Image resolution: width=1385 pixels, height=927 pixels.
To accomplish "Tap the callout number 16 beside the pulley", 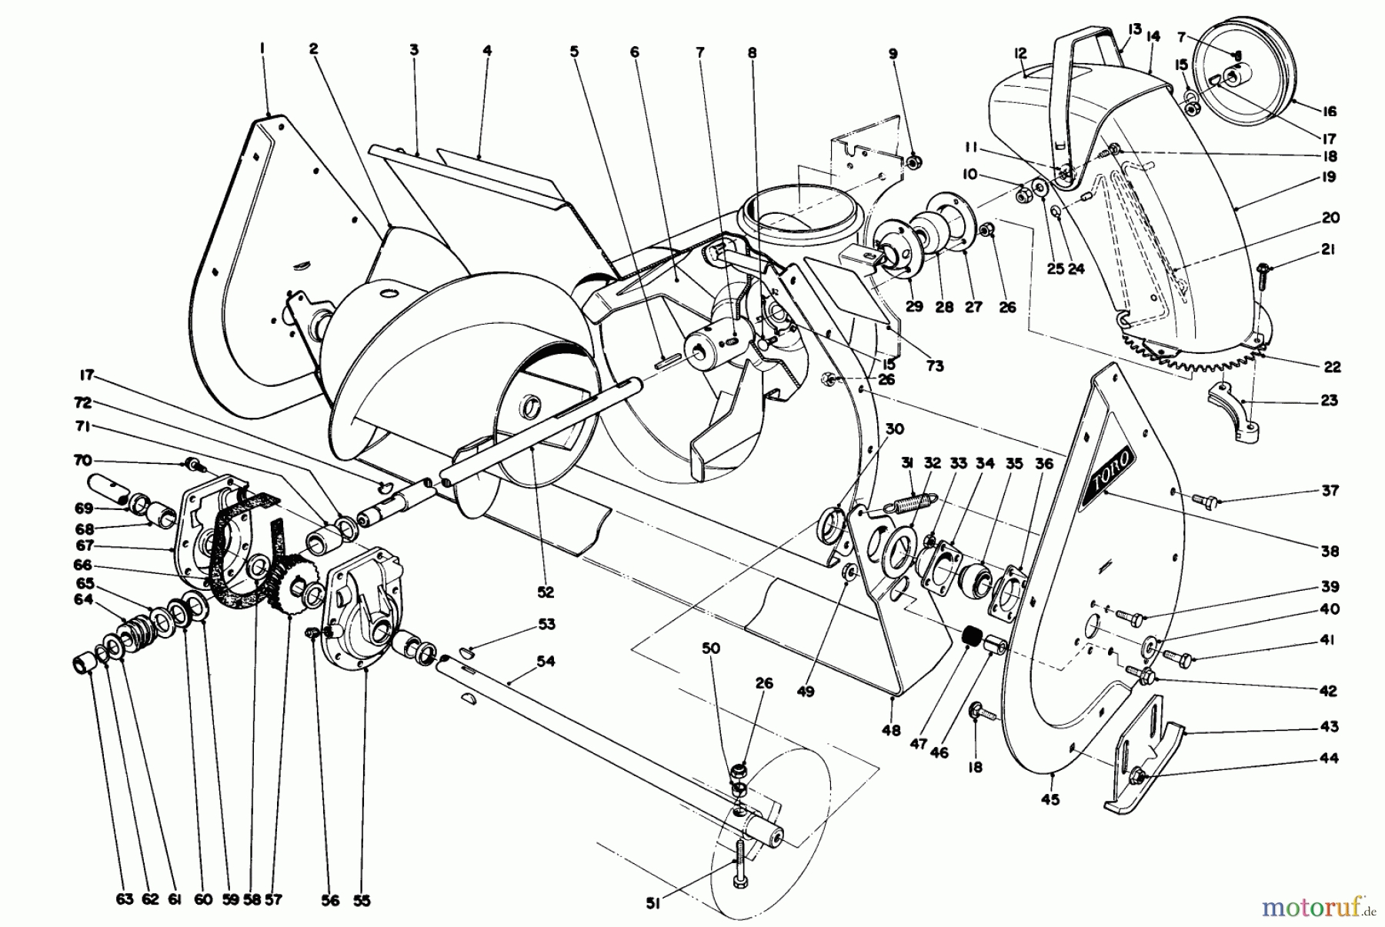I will pyautogui.click(x=1330, y=112).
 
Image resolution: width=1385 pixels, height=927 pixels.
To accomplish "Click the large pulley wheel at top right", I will pyautogui.click(x=1243, y=77).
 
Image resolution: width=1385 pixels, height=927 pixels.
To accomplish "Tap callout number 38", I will pyautogui.click(x=1330, y=551).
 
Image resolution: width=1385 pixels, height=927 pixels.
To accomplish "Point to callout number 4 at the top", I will pyautogui.click(x=487, y=52).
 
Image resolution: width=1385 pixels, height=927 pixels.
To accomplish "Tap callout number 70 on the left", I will pyautogui.click(x=82, y=461).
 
